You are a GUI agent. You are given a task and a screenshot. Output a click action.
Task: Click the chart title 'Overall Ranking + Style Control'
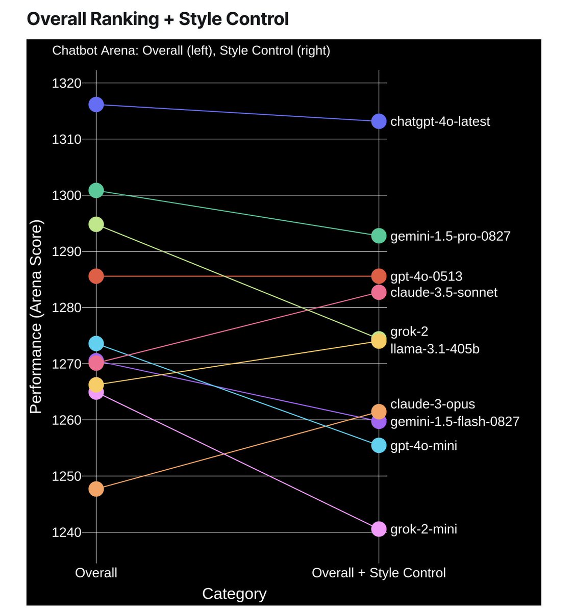coord(158,19)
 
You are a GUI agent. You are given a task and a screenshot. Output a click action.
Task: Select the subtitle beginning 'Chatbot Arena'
coord(191,50)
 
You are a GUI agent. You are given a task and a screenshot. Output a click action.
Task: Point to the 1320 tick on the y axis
coord(67,83)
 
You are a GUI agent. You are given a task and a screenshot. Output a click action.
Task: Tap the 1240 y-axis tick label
coord(67,532)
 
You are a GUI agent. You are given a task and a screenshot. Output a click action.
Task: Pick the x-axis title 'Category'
coord(234,594)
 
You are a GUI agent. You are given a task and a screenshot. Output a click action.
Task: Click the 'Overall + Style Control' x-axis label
coord(379,573)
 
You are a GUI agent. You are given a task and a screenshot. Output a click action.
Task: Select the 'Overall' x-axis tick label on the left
coord(96,573)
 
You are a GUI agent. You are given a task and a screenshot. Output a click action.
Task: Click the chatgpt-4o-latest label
coord(440,121)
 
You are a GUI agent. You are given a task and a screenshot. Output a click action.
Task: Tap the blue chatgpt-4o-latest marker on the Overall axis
coord(96,105)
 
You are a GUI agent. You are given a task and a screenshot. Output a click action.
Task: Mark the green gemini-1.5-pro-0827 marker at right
coord(379,236)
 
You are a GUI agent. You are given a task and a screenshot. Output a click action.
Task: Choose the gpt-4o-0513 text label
coord(426,276)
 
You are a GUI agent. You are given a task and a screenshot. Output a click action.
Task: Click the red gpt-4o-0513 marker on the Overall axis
coord(96,276)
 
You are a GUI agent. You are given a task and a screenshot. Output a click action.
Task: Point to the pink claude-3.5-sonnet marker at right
coord(379,292)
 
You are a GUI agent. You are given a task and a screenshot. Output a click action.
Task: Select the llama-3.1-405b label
coord(435,349)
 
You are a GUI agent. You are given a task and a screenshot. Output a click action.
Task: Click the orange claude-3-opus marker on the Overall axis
coord(96,489)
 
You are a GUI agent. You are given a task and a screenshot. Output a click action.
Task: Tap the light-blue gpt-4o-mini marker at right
coord(379,446)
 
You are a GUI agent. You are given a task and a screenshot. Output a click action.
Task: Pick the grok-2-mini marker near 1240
coord(379,529)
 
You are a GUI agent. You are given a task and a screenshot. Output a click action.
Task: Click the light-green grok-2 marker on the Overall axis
coord(96,224)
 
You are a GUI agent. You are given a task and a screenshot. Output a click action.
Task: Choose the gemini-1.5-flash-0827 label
coord(455,421)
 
